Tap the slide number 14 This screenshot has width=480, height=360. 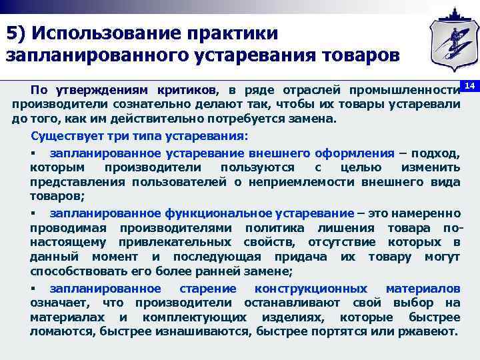tap(469, 87)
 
